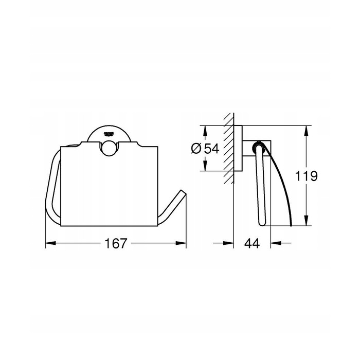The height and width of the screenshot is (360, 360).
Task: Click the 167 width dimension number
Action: click(x=116, y=243)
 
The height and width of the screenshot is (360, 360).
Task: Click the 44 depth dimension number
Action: click(x=252, y=243)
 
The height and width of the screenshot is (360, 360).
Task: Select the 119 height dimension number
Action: click(x=307, y=176)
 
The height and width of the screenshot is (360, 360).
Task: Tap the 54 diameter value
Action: click(x=212, y=149)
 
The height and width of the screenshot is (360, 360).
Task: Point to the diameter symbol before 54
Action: click(x=196, y=149)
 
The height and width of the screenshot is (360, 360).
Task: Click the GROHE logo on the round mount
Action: click(x=109, y=134)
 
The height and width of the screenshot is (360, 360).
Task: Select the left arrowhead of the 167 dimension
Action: click(x=50, y=243)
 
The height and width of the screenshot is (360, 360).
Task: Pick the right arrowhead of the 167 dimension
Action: click(x=181, y=243)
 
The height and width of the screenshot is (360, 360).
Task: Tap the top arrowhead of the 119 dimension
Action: click(x=307, y=131)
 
